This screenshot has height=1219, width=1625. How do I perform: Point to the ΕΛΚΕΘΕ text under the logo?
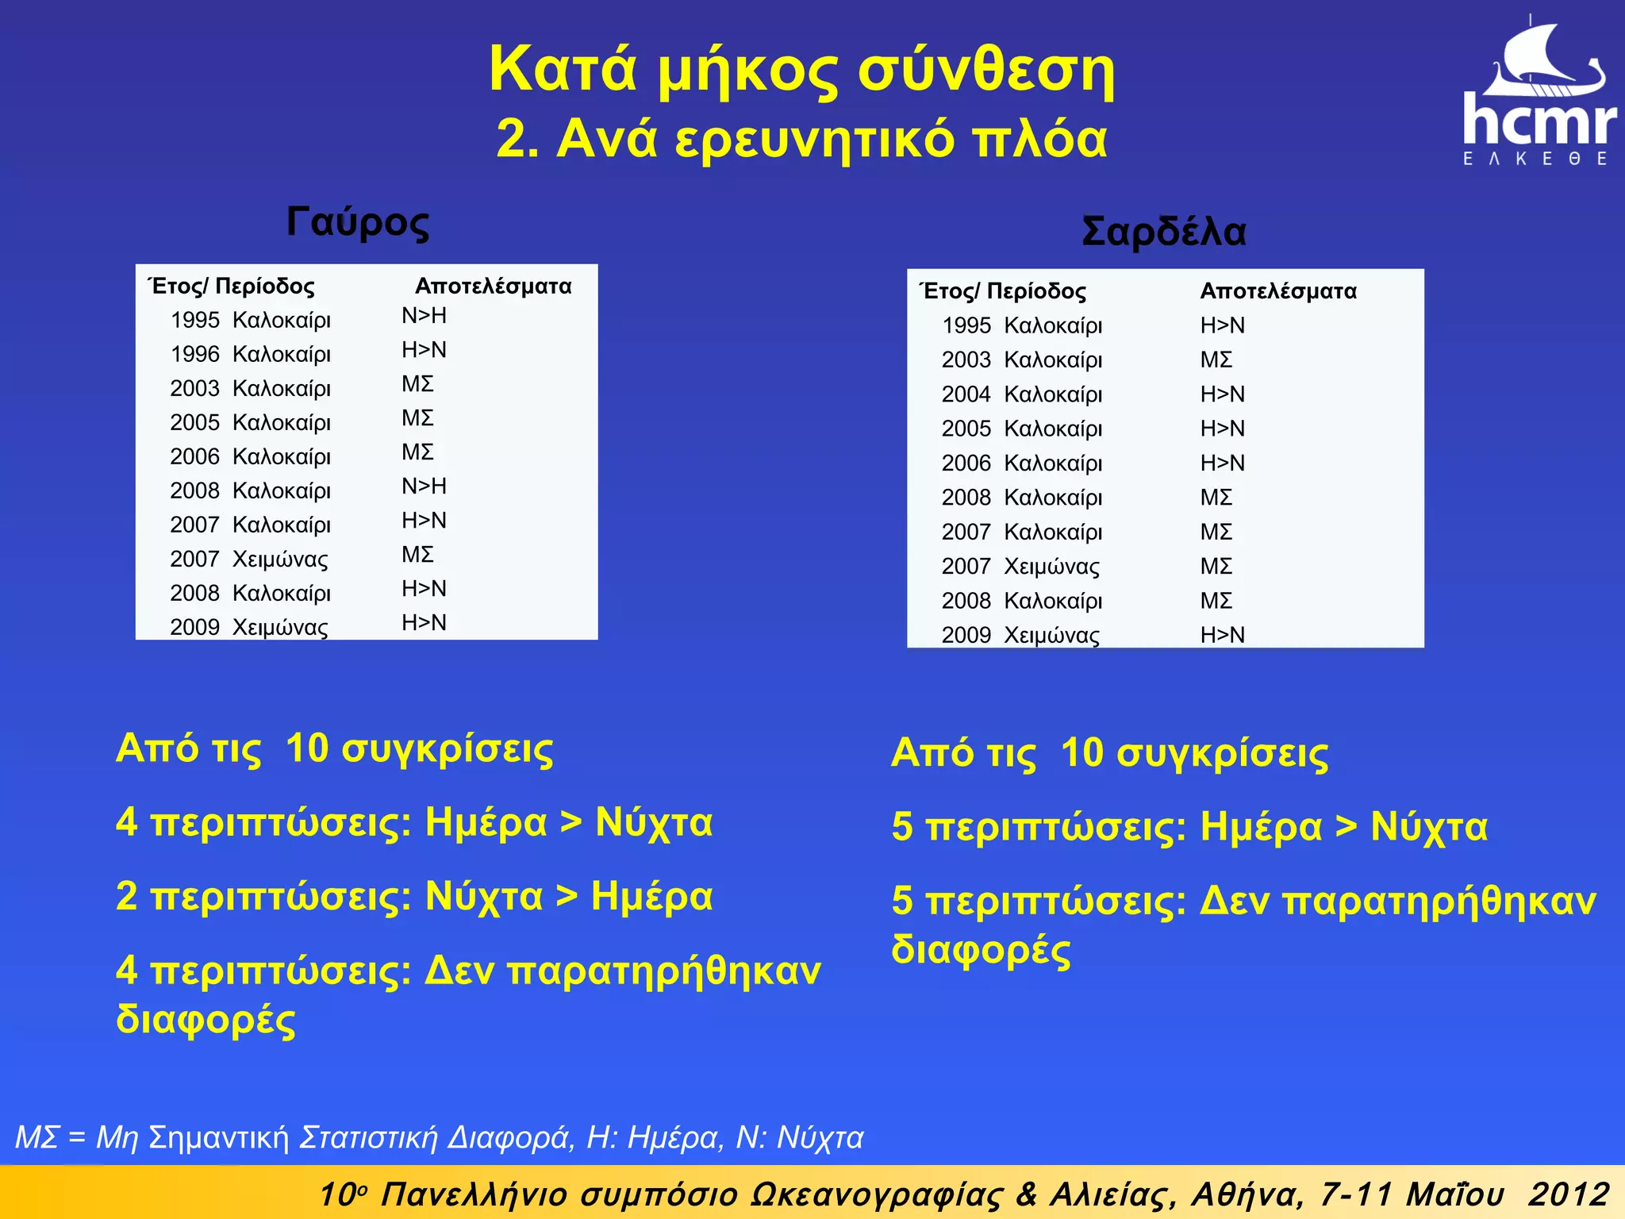tap(1535, 159)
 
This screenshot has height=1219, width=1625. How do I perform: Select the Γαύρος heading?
tap(358, 222)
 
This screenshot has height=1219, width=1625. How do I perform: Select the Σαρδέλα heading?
tap(1164, 232)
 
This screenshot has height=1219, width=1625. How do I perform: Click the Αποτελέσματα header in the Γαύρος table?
tap(493, 286)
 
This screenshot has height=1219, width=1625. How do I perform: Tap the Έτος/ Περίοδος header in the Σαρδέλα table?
tap(1003, 291)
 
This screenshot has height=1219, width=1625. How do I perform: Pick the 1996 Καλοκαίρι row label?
tap(250, 354)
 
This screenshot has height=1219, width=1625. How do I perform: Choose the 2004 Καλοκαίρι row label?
tap(1022, 394)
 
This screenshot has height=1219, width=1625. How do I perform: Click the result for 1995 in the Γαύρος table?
tap(424, 316)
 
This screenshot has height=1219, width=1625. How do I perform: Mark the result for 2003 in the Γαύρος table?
tap(417, 384)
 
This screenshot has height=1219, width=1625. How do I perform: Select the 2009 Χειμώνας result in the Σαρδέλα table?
tap(1222, 635)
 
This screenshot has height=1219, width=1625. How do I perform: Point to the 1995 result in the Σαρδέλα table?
tap(1222, 325)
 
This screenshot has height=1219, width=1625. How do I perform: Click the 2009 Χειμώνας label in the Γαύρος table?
tap(248, 627)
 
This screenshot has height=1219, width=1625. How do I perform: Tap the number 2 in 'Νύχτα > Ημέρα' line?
tap(127, 897)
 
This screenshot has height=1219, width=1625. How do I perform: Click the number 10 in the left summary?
tap(306, 748)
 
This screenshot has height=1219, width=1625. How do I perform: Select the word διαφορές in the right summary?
tap(981, 949)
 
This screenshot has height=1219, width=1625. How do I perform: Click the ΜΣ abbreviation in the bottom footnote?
tap(36, 1137)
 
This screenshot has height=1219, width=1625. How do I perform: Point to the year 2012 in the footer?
tap(1568, 1194)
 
